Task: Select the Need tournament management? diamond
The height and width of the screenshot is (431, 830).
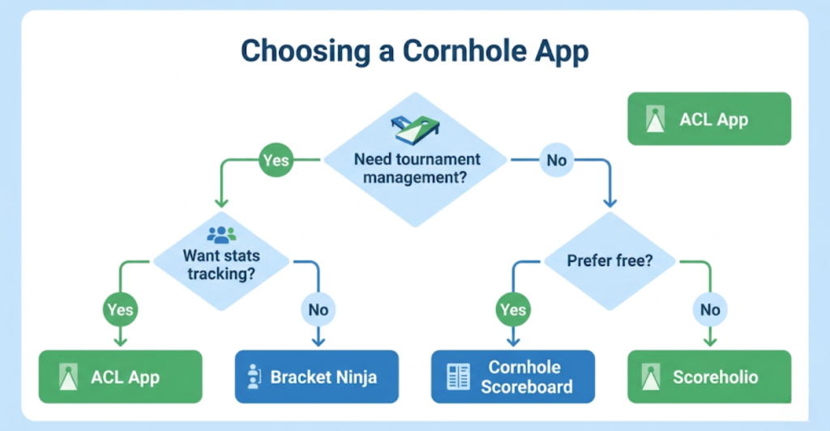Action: (x=416, y=166)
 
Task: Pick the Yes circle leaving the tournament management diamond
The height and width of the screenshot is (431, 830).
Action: (x=276, y=160)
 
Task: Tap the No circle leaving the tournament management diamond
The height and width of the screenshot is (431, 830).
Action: (x=556, y=160)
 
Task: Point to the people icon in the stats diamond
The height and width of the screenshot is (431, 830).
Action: (x=221, y=235)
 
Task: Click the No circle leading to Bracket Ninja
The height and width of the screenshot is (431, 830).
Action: (x=318, y=309)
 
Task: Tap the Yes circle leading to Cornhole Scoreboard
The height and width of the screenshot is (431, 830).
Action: (x=511, y=309)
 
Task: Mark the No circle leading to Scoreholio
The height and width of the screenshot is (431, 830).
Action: (x=710, y=309)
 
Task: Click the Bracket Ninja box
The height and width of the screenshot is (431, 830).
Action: (x=316, y=377)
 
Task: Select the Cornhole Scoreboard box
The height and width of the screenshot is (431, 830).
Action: (x=512, y=377)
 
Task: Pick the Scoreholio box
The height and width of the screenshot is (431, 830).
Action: (x=709, y=377)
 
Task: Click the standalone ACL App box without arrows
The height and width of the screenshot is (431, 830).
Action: (x=708, y=119)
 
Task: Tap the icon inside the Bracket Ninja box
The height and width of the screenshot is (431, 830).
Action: (x=254, y=377)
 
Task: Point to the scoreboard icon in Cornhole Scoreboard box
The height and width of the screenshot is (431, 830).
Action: (x=458, y=377)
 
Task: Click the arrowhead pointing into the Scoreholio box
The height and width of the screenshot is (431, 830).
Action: (x=710, y=344)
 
